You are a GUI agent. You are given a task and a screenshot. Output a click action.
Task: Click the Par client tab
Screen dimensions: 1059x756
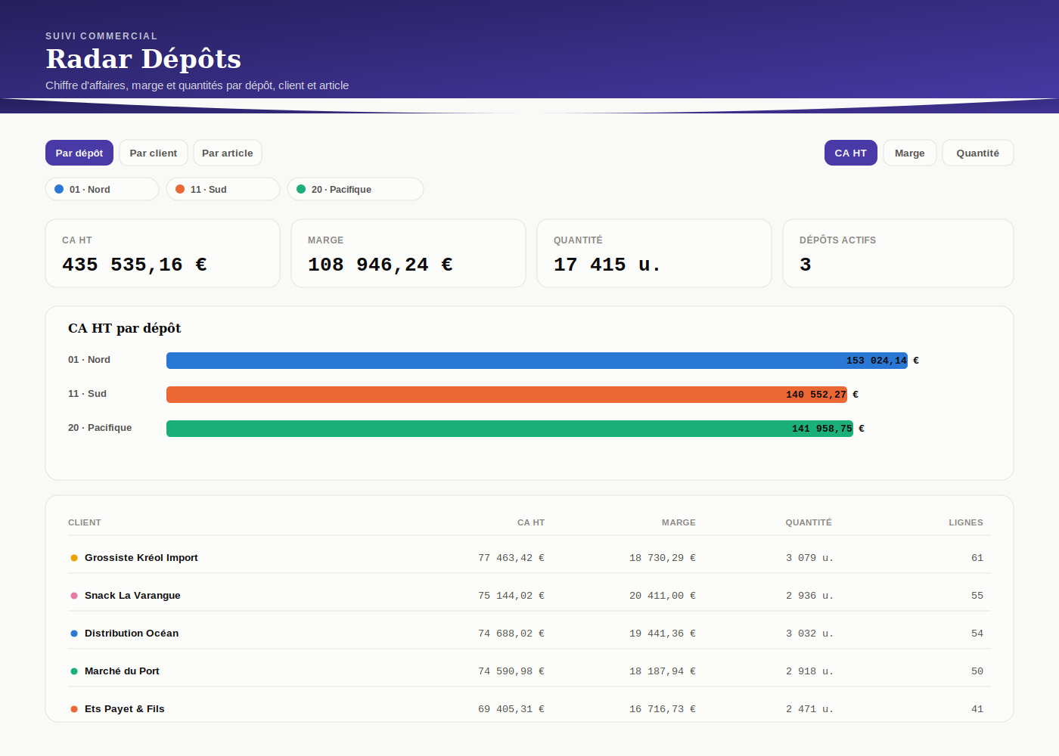[153, 153]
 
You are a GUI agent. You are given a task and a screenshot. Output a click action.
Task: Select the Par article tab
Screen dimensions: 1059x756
[228, 153]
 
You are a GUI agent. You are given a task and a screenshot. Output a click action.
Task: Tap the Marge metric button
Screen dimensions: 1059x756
[909, 153]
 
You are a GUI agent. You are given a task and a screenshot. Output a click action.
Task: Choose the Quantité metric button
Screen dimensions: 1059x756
[977, 153]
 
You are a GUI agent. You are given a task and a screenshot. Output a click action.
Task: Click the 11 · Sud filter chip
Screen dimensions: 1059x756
[223, 189]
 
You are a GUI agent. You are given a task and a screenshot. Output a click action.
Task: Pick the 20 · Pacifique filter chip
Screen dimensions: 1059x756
[356, 189]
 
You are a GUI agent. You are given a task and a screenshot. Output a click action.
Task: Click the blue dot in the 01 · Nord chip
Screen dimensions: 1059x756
[59, 189]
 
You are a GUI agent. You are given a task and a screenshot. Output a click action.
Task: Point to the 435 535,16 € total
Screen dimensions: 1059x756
[135, 265]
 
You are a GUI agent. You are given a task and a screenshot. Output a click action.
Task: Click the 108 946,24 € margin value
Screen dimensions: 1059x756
[380, 265]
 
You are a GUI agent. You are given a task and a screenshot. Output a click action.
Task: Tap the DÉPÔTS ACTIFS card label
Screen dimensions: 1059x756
[838, 240]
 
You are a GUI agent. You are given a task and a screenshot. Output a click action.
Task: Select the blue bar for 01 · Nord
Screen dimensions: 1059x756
[537, 361]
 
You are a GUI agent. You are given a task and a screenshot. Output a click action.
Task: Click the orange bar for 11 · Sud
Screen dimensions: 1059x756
[507, 395]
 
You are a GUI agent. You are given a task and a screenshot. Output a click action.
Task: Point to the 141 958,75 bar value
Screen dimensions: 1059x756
[822, 429]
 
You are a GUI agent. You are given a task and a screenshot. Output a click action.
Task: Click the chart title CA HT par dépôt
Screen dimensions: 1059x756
[124, 328]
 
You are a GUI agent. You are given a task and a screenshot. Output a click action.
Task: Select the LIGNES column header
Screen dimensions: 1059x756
[966, 522]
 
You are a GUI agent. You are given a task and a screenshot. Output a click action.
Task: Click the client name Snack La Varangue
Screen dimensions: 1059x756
[132, 596]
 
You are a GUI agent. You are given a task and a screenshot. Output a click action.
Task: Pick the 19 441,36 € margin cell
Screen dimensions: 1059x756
[663, 634]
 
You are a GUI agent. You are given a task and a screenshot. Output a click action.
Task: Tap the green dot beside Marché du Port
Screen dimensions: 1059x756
[74, 671]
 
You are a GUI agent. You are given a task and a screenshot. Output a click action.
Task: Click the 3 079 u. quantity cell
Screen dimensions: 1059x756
[809, 558]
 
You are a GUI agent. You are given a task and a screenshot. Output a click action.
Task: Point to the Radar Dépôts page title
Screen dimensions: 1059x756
[143, 59]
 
